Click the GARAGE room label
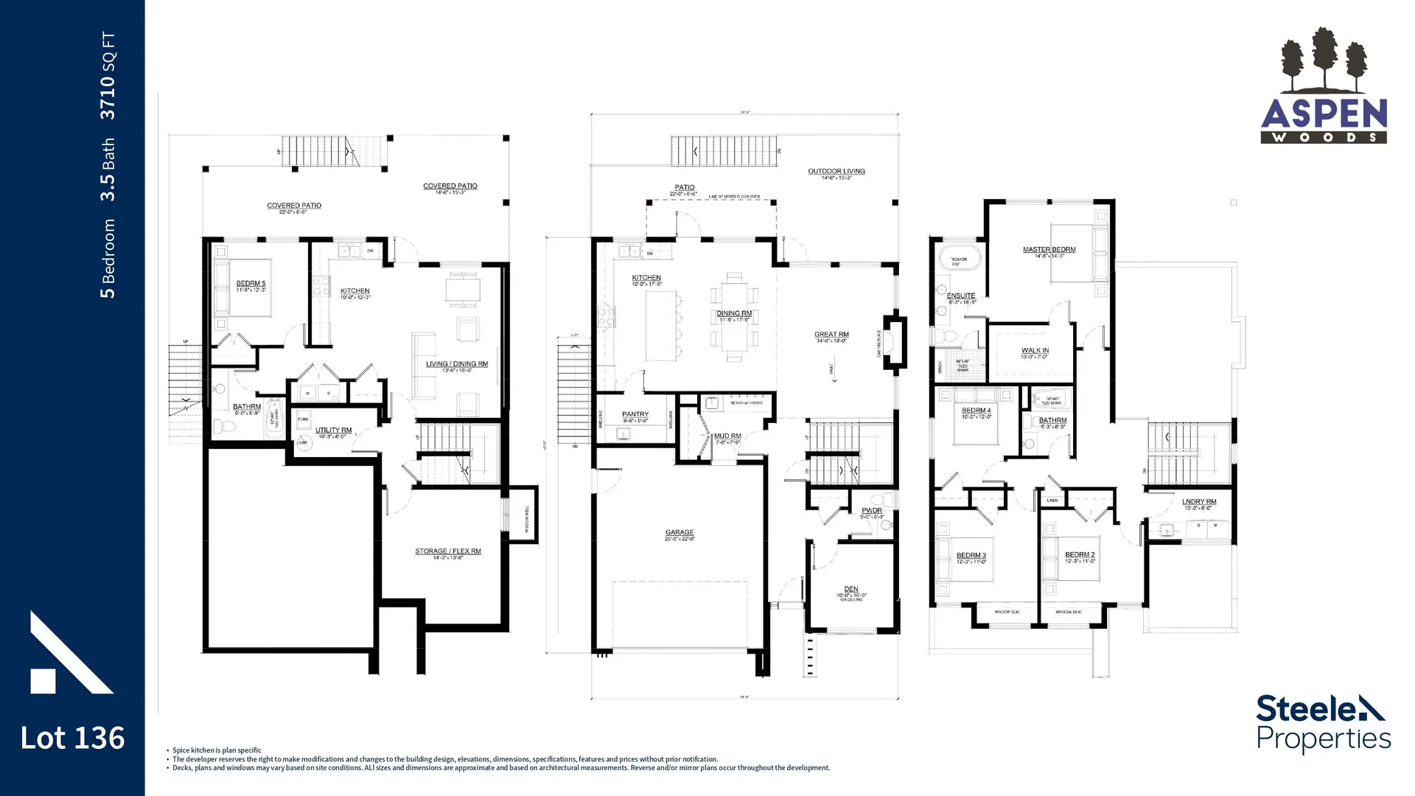(679, 532)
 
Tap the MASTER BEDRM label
(1049, 250)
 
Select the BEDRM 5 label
(251, 284)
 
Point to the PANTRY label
(635, 414)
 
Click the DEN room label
(850, 589)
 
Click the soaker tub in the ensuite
(959, 261)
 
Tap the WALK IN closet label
(1035, 351)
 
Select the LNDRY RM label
(1198, 502)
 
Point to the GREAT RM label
(831, 335)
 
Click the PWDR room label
(872, 511)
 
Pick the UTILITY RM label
(333, 430)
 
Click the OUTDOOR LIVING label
(836, 172)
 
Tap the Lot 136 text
(72, 738)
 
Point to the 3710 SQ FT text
(108, 76)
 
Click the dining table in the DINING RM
(733, 317)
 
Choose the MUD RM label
(727, 436)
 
